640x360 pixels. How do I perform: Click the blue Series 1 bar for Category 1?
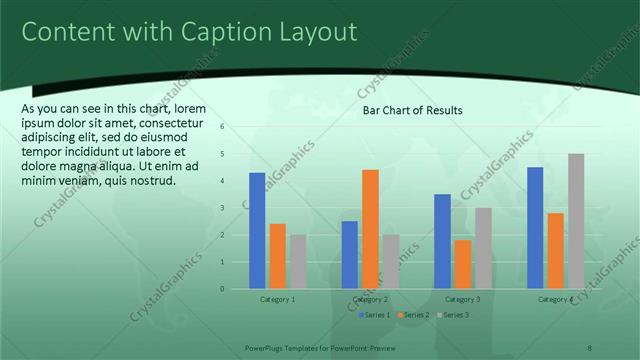coord(257,231)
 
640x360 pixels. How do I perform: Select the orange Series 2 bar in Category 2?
coord(370,229)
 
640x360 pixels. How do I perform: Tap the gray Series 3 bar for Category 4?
coord(576,221)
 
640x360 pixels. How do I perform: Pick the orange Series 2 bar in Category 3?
coord(463,264)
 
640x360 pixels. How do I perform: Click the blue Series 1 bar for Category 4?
coord(535,228)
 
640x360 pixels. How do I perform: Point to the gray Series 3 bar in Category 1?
coord(298,262)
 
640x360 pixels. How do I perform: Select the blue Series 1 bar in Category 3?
coord(443,241)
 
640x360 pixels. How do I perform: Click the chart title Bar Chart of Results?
coord(412,110)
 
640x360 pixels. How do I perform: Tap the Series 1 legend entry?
coord(376,315)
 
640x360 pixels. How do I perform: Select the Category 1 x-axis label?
coord(277,299)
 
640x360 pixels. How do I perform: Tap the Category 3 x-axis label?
coord(463,299)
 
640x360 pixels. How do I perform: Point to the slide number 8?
coord(590,347)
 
